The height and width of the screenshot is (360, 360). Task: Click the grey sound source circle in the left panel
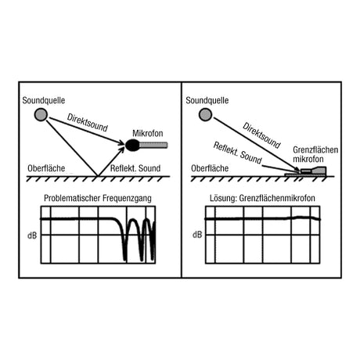(x=41, y=114)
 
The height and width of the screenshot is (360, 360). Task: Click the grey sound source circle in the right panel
(x=205, y=114)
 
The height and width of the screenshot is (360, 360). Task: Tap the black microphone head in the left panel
(x=132, y=145)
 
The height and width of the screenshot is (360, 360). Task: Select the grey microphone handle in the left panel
(x=153, y=145)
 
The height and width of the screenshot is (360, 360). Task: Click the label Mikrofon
(x=148, y=133)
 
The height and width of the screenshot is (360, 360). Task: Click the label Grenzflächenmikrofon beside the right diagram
(x=315, y=154)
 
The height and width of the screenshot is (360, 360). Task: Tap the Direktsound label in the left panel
(x=87, y=123)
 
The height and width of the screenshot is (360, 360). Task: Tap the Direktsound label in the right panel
(x=261, y=135)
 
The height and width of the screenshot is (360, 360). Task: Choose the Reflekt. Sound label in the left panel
(x=135, y=168)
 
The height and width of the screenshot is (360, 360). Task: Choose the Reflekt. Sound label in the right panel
(x=237, y=153)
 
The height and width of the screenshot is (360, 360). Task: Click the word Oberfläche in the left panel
(x=46, y=168)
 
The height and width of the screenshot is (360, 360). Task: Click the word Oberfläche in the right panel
(x=210, y=168)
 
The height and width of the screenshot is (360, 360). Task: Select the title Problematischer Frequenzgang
(x=98, y=198)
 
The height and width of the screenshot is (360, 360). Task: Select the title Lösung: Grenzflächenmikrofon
(x=262, y=198)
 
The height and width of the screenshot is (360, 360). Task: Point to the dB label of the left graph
(x=32, y=236)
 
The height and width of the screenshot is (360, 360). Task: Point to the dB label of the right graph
(x=197, y=235)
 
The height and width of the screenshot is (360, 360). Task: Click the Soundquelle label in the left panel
(x=44, y=100)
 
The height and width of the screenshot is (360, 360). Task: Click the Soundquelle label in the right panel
(x=207, y=100)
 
